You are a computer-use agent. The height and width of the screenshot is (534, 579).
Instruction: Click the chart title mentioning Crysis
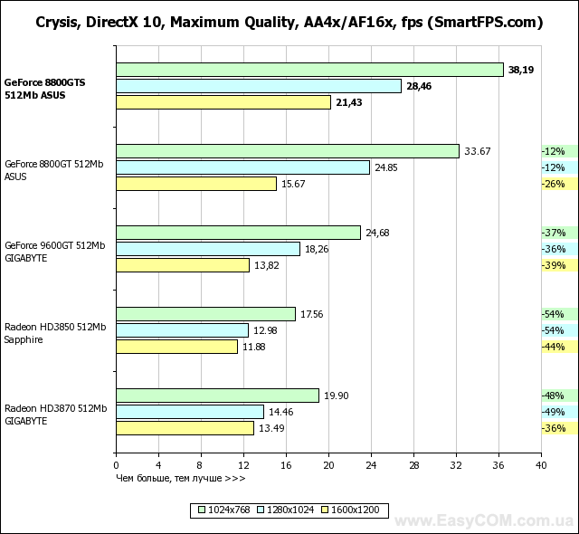(x=289, y=22)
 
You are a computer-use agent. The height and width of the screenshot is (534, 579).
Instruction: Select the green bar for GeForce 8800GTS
(x=309, y=70)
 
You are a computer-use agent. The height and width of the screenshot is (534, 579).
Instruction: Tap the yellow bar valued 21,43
(x=223, y=102)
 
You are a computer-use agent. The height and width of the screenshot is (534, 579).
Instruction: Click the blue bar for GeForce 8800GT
(x=242, y=167)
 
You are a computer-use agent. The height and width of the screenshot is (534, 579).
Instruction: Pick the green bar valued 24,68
(x=238, y=233)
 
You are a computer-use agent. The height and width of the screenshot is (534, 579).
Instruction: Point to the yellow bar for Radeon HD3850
(x=176, y=347)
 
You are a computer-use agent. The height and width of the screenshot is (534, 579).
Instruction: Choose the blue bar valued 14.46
(x=190, y=412)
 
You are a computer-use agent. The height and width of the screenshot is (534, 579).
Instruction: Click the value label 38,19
(x=521, y=70)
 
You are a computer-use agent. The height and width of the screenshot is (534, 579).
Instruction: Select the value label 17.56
(x=312, y=314)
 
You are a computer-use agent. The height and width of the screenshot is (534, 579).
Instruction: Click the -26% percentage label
(x=553, y=184)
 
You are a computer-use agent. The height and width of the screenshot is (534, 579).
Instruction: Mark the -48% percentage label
(x=553, y=396)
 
